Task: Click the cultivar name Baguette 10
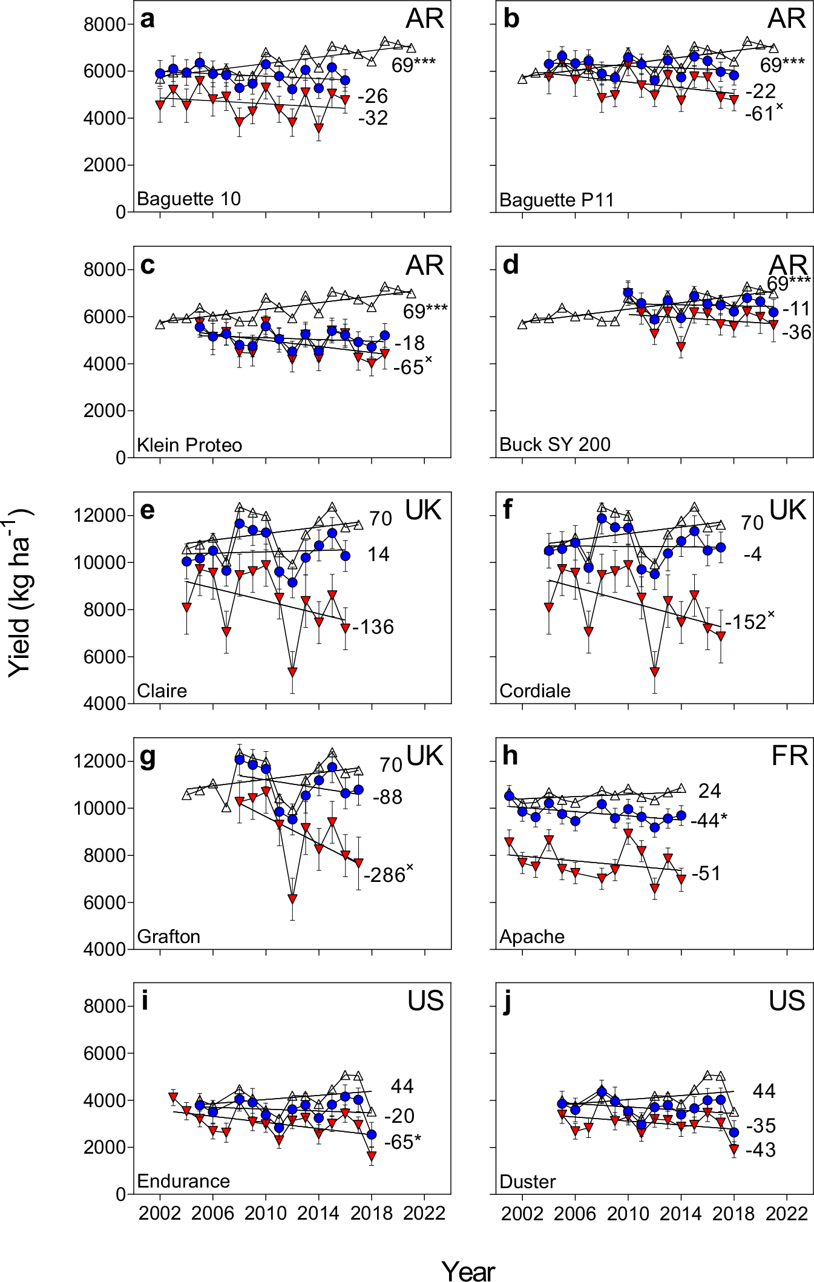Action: (188, 199)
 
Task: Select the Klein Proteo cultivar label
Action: (189, 445)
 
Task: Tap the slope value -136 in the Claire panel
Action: (373, 627)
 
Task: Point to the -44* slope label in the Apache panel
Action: (708, 820)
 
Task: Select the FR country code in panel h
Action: (789, 757)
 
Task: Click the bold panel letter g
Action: (147, 757)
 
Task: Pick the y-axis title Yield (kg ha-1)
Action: (21, 593)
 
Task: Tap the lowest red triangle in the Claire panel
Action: (292, 672)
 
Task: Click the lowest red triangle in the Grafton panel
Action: (292, 899)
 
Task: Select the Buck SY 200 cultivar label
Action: (554, 444)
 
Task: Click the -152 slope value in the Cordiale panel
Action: (749, 622)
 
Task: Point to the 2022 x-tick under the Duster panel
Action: (787, 1213)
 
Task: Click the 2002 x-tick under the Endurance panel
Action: (160, 1213)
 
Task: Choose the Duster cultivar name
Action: (527, 1182)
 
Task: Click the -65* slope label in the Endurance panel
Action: (402, 1142)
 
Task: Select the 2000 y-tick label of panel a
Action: (104, 165)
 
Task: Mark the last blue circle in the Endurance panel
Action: (372, 1134)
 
